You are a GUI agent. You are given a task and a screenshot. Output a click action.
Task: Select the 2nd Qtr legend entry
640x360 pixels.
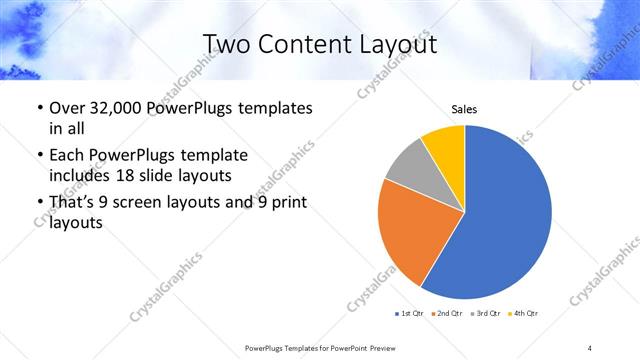coord(446,314)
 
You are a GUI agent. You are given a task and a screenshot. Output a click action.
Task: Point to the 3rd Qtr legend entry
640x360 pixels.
coord(485,314)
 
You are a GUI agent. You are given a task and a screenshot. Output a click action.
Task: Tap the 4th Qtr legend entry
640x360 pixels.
coord(523,314)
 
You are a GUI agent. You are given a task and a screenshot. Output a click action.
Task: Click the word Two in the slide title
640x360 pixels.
coord(225,44)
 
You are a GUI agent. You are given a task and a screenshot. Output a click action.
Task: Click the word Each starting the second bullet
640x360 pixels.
coord(67,155)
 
